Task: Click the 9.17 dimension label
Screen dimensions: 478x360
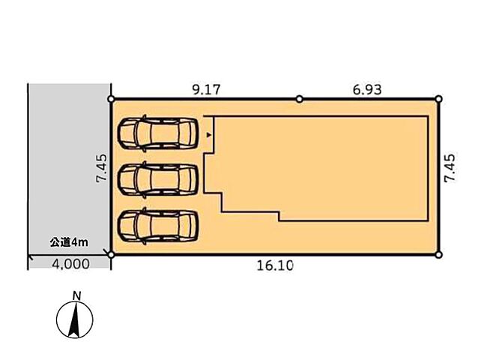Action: click(206, 90)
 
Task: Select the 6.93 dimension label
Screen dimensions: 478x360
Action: click(367, 90)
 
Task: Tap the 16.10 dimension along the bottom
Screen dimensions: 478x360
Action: click(275, 265)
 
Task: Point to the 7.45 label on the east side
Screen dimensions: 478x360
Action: click(450, 168)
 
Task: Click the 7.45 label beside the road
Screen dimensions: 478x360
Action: click(101, 168)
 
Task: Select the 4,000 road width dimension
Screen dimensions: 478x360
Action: click(70, 264)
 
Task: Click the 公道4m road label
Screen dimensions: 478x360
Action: click(69, 242)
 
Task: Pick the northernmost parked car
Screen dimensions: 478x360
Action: click(158, 133)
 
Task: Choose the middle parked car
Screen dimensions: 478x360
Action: click(158, 180)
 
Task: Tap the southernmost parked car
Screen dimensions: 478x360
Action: click(158, 226)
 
